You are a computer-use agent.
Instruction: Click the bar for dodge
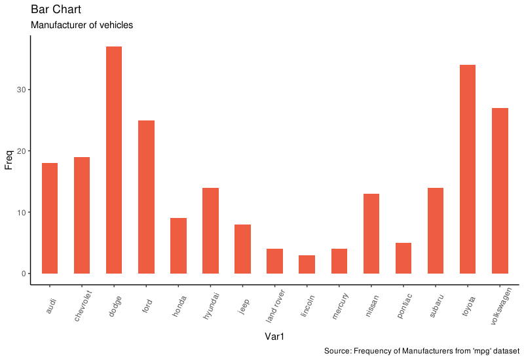[x=114, y=160]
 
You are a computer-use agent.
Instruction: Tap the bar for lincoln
[x=307, y=264]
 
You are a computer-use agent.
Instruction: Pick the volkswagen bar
[x=500, y=190]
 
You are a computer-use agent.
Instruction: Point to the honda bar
[x=178, y=245]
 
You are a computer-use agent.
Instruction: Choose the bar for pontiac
[x=403, y=258]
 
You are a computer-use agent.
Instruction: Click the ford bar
[x=146, y=196]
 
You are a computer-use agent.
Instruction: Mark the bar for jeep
[x=242, y=249]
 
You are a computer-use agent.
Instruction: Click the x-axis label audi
[x=52, y=302]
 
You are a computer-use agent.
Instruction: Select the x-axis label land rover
[x=276, y=306]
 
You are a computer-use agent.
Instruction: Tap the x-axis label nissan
[x=373, y=304]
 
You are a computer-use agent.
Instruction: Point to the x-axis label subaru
[x=437, y=304]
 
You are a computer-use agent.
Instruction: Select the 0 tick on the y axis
[x=22, y=274]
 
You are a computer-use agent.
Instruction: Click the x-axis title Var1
[x=274, y=336]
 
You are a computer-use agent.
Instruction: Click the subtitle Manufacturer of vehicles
[x=82, y=26]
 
